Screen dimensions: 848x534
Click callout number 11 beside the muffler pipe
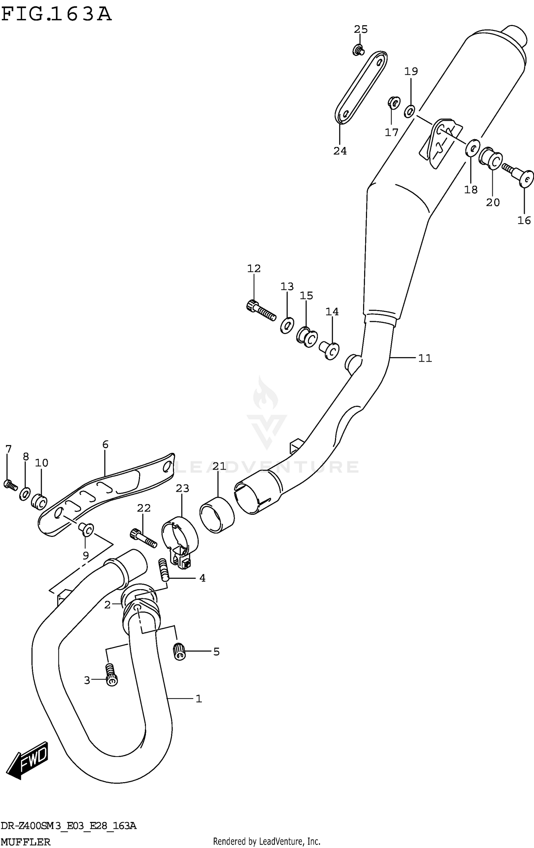(x=425, y=358)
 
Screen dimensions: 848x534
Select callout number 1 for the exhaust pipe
(x=199, y=699)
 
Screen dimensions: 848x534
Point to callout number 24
(x=340, y=151)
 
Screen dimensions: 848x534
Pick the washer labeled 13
(x=287, y=324)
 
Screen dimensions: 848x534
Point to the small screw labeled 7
(x=10, y=485)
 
